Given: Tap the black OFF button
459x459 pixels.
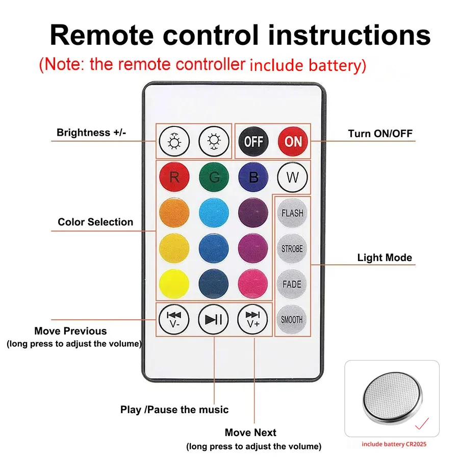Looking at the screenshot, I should pyautogui.click(x=253, y=141).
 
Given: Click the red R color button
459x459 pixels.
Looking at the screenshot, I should pyautogui.click(x=174, y=177).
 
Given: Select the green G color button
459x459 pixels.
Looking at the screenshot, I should pyautogui.click(x=214, y=177).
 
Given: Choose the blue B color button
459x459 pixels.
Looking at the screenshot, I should pyautogui.click(x=253, y=177).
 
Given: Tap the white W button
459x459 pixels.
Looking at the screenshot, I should pyautogui.click(x=293, y=177).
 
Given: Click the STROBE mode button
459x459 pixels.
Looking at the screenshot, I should pyautogui.click(x=292, y=249).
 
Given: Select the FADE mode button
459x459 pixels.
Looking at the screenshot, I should pyautogui.click(x=292, y=284).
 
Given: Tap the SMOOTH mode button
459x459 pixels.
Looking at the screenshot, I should pyautogui.click(x=292, y=320).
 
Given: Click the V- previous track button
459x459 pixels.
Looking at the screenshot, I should pyautogui.click(x=174, y=319).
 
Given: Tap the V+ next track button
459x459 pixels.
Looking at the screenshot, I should pyautogui.click(x=253, y=319).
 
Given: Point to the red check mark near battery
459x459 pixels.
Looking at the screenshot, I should pyautogui.click(x=421, y=424).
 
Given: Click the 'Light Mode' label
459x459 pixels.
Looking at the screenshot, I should pyautogui.click(x=385, y=258).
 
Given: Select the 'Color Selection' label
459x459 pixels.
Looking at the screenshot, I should pyautogui.click(x=95, y=222).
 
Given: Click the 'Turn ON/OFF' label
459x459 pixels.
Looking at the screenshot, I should pyautogui.click(x=380, y=134).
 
